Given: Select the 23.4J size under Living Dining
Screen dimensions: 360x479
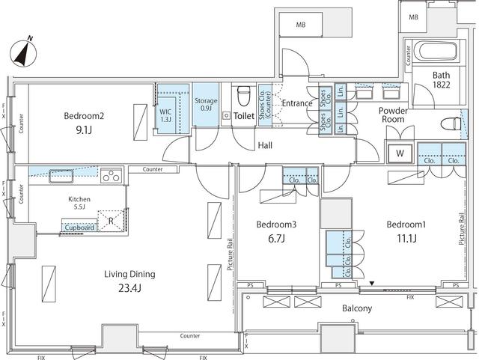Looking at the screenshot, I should (130, 287).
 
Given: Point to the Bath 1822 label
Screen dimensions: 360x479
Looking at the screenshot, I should (440, 81).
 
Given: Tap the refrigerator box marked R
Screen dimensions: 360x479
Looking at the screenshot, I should (112, 221).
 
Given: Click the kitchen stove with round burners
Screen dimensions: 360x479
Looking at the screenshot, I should (112, 177).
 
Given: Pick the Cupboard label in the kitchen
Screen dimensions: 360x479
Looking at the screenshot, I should (79, 227).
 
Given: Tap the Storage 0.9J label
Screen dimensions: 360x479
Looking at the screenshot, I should (206, 105).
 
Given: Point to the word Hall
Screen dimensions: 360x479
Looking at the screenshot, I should (266, 145).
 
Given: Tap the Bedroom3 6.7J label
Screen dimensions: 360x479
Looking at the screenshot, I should (276, 231).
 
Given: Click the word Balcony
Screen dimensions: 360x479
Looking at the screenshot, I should (357, 308).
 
